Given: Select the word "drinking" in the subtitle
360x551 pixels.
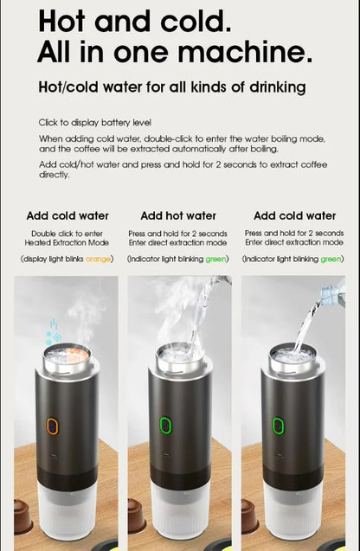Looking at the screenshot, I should [x=275, y=87].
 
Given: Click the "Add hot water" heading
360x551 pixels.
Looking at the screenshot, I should [x=178, y=215].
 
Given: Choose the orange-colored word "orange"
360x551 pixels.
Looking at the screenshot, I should [x=99, y=259].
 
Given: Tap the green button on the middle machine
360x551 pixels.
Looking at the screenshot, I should [x=165, y=426].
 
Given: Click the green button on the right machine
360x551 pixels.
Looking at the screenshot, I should [x=279, y=426].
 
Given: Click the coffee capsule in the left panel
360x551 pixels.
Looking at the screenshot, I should [x=23, y=517].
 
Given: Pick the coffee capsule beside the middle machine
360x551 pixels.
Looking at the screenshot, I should [x=137, y=517].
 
